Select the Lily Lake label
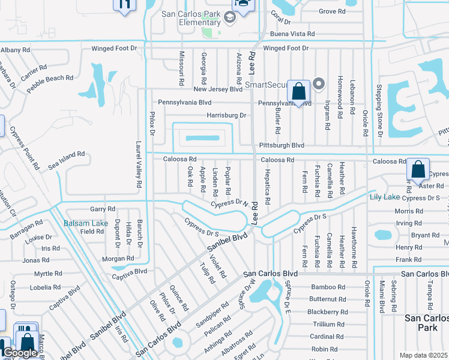(x=384, y=197)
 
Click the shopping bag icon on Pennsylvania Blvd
(x=298, y=91)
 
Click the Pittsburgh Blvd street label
(x=282, y=145)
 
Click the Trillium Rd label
(x=327, y=324)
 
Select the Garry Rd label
(x=102, y=209)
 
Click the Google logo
(x=20, y=353)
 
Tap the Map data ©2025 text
(x=423, y=355)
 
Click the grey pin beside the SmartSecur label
(x=319, y=84)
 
